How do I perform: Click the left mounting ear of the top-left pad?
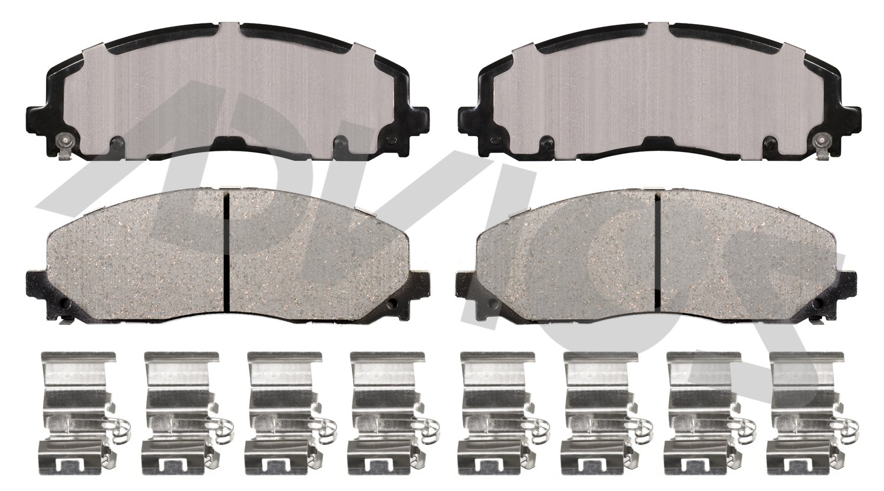pyautogui.click(x=37, y=113)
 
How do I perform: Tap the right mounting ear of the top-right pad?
pyautogui.click(x=847, y=113)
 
